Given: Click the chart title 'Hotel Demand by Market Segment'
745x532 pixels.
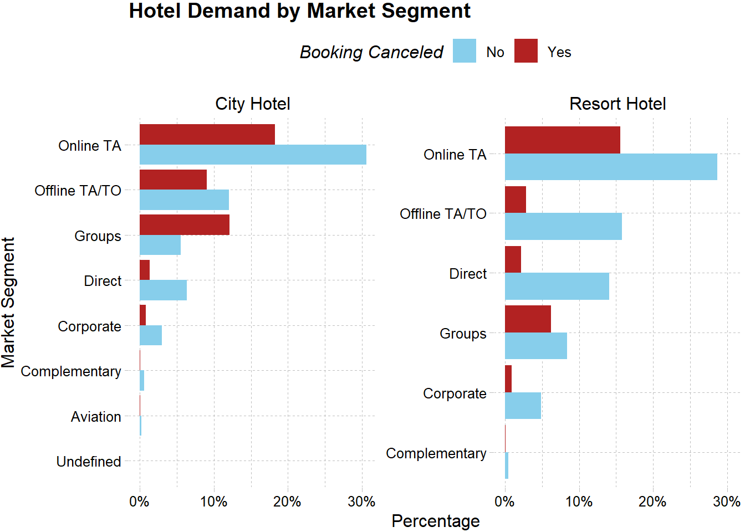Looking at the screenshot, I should [299, 11].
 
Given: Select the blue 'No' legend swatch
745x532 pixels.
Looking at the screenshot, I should [464, 51].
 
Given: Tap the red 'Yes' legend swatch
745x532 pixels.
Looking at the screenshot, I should [525, 51].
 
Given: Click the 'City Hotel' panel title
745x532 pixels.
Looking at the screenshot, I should [252, 104].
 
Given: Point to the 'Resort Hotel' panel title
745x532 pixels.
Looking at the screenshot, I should [618, 104].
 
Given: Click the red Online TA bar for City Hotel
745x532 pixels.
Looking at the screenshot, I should [207, 135].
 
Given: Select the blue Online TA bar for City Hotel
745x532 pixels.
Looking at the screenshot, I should [253, 155].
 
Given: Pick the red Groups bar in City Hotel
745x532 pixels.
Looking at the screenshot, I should [184, 225].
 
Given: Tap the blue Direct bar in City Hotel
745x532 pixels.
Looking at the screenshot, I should [163, 290].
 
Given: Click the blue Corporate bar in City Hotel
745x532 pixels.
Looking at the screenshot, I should [150, 335].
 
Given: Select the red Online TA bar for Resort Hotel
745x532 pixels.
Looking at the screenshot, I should [562, 140].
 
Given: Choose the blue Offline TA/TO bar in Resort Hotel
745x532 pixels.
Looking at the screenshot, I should [563, 226].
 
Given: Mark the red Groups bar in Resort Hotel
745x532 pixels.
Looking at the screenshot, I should [528, 319].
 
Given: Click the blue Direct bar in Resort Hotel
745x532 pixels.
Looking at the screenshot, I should [557, 286].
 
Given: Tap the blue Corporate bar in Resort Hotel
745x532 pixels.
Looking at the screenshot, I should [523, 406].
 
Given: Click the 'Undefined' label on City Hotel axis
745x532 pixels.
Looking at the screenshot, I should [89, 462].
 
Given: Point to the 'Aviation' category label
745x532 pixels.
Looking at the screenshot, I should [96, 417].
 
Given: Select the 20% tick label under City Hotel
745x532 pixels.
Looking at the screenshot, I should [287, 502].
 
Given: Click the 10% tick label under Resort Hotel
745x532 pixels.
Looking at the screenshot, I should [579, 502].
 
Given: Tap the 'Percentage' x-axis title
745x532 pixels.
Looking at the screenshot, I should [435, 521].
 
